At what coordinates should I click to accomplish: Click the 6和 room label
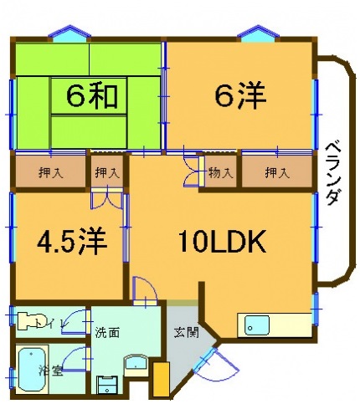tap(86, 98)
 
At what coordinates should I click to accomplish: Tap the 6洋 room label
tap(240, 97)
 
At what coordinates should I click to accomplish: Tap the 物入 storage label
tap(221, 173)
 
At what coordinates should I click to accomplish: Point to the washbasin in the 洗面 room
tap(136, 365)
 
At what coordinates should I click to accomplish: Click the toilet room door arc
tap(78, 321)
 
